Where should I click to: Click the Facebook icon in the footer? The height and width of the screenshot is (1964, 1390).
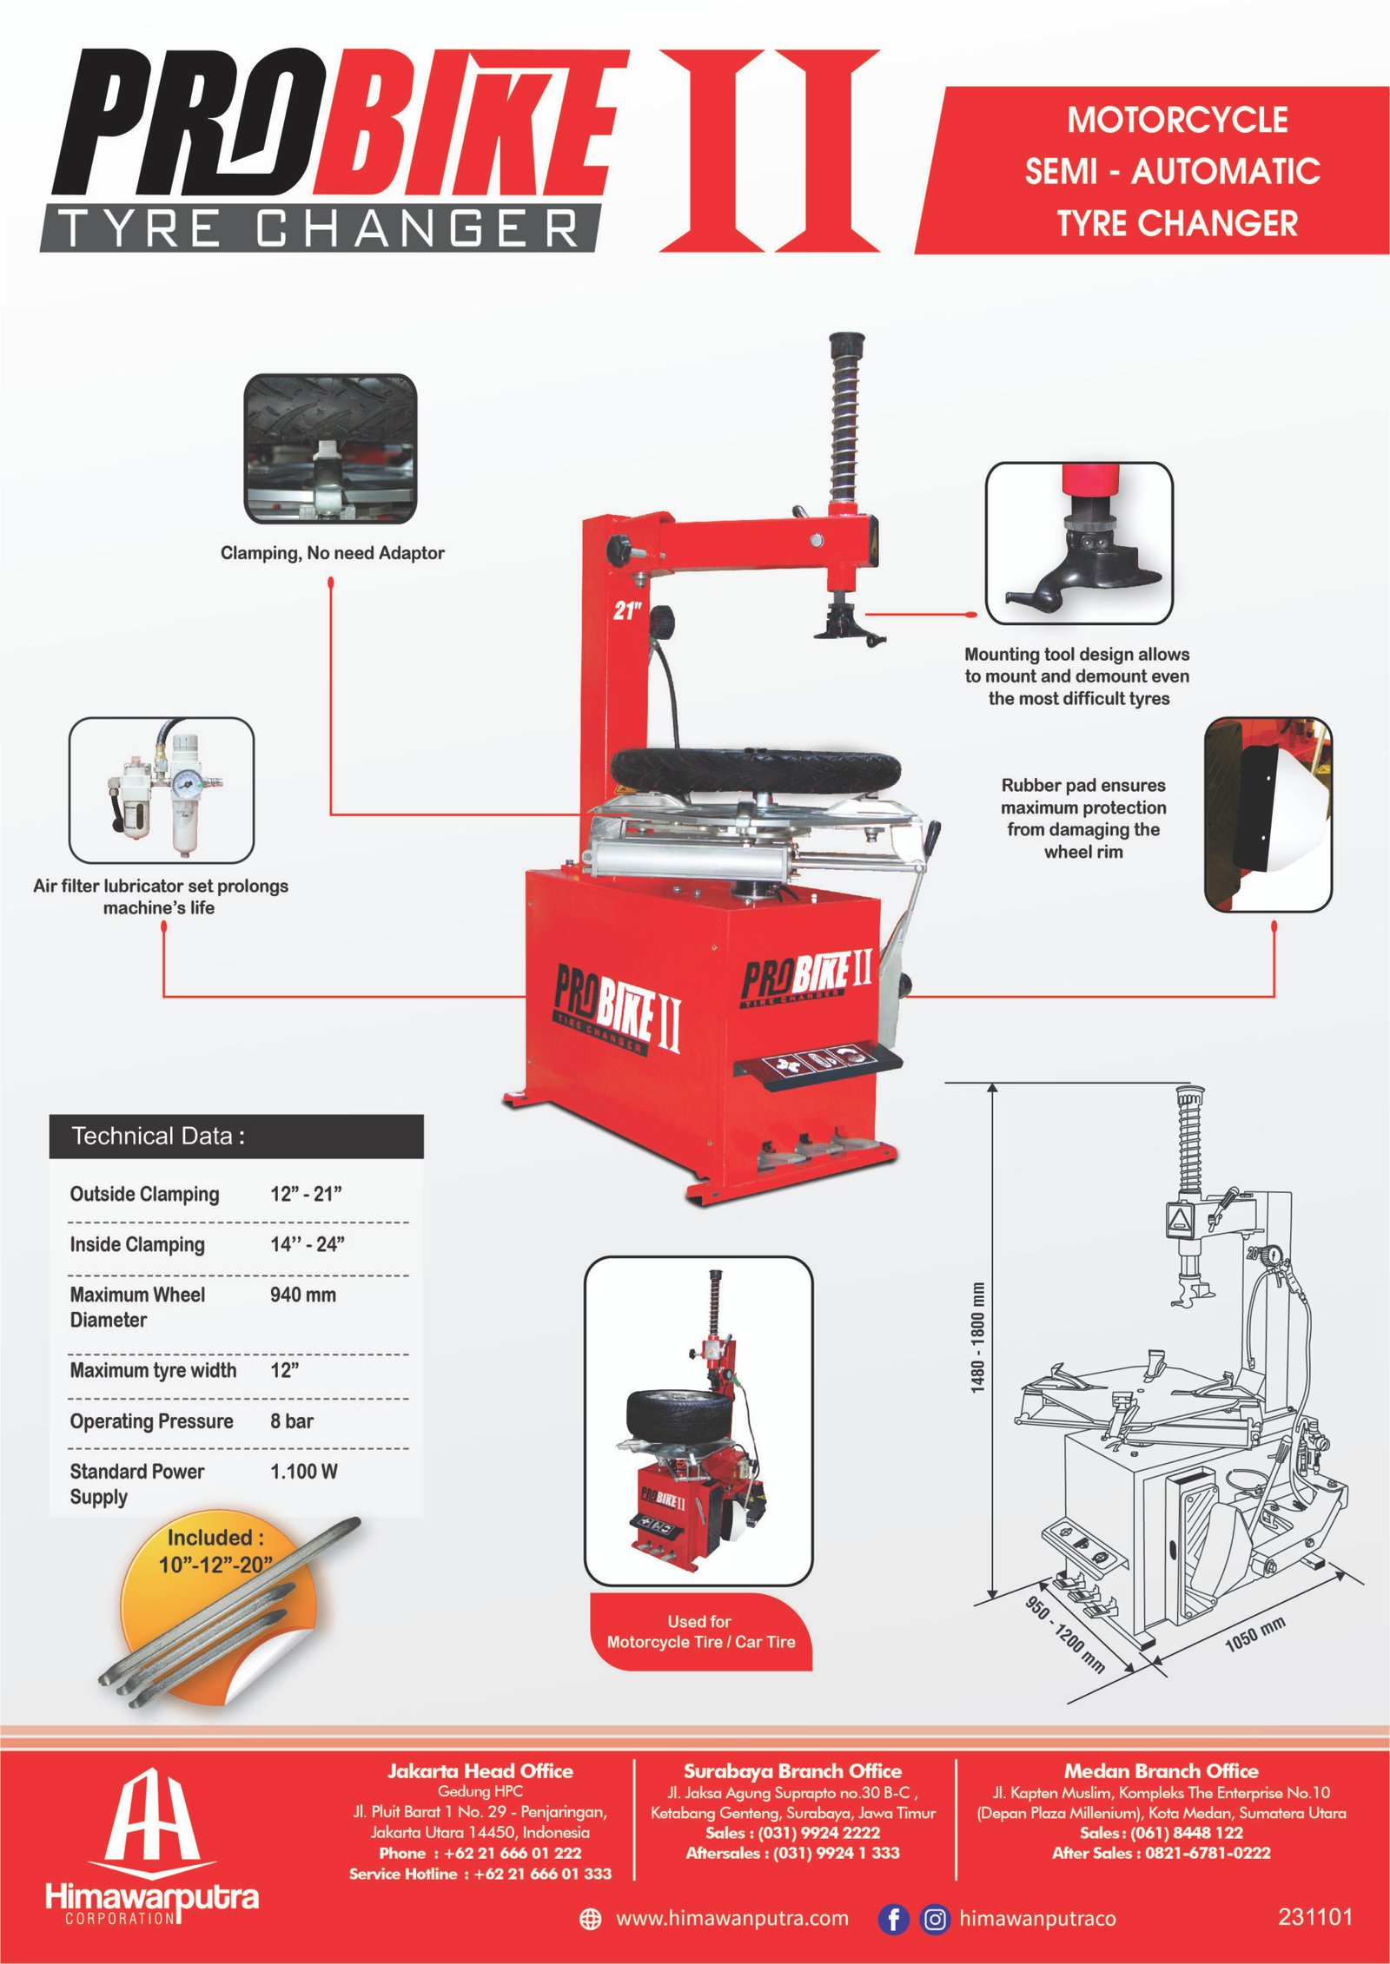[893, 1918]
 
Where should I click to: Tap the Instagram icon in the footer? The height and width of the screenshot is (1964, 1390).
[935, 1918]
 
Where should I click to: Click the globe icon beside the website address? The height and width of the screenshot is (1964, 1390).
[590, 1919]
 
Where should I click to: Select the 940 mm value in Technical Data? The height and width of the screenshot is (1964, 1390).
[302, 1295]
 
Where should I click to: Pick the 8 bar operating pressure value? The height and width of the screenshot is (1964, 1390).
[292, 1421]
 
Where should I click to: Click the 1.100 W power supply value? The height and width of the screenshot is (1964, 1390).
[304, 1472]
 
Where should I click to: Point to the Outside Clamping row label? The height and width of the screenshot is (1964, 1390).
[144, 1194]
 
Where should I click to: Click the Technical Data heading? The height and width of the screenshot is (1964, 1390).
[158, 1137]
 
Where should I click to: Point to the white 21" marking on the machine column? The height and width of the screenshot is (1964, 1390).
[627, 611]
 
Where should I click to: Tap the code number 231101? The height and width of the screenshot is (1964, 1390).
[1315, 1916]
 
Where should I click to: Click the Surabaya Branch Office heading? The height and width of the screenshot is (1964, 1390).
[792, 1771]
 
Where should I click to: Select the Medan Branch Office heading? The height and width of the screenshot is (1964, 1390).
[1161, 1771]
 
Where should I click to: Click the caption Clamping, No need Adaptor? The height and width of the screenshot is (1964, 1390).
[333, 553]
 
